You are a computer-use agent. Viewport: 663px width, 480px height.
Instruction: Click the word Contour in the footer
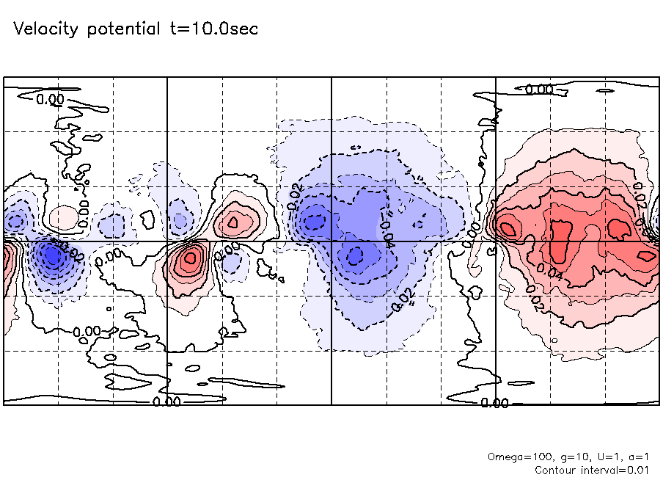coord(556,470)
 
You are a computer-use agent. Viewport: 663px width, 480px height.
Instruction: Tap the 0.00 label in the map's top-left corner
coord(50,99)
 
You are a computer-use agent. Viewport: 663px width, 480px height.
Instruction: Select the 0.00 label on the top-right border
coord(539,89)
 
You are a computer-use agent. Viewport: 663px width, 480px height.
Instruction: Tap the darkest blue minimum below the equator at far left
coord(52,256)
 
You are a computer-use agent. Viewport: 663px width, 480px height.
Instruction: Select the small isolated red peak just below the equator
coord(191,258)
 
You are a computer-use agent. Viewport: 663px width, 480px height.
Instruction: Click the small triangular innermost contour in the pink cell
coord(233,220)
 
